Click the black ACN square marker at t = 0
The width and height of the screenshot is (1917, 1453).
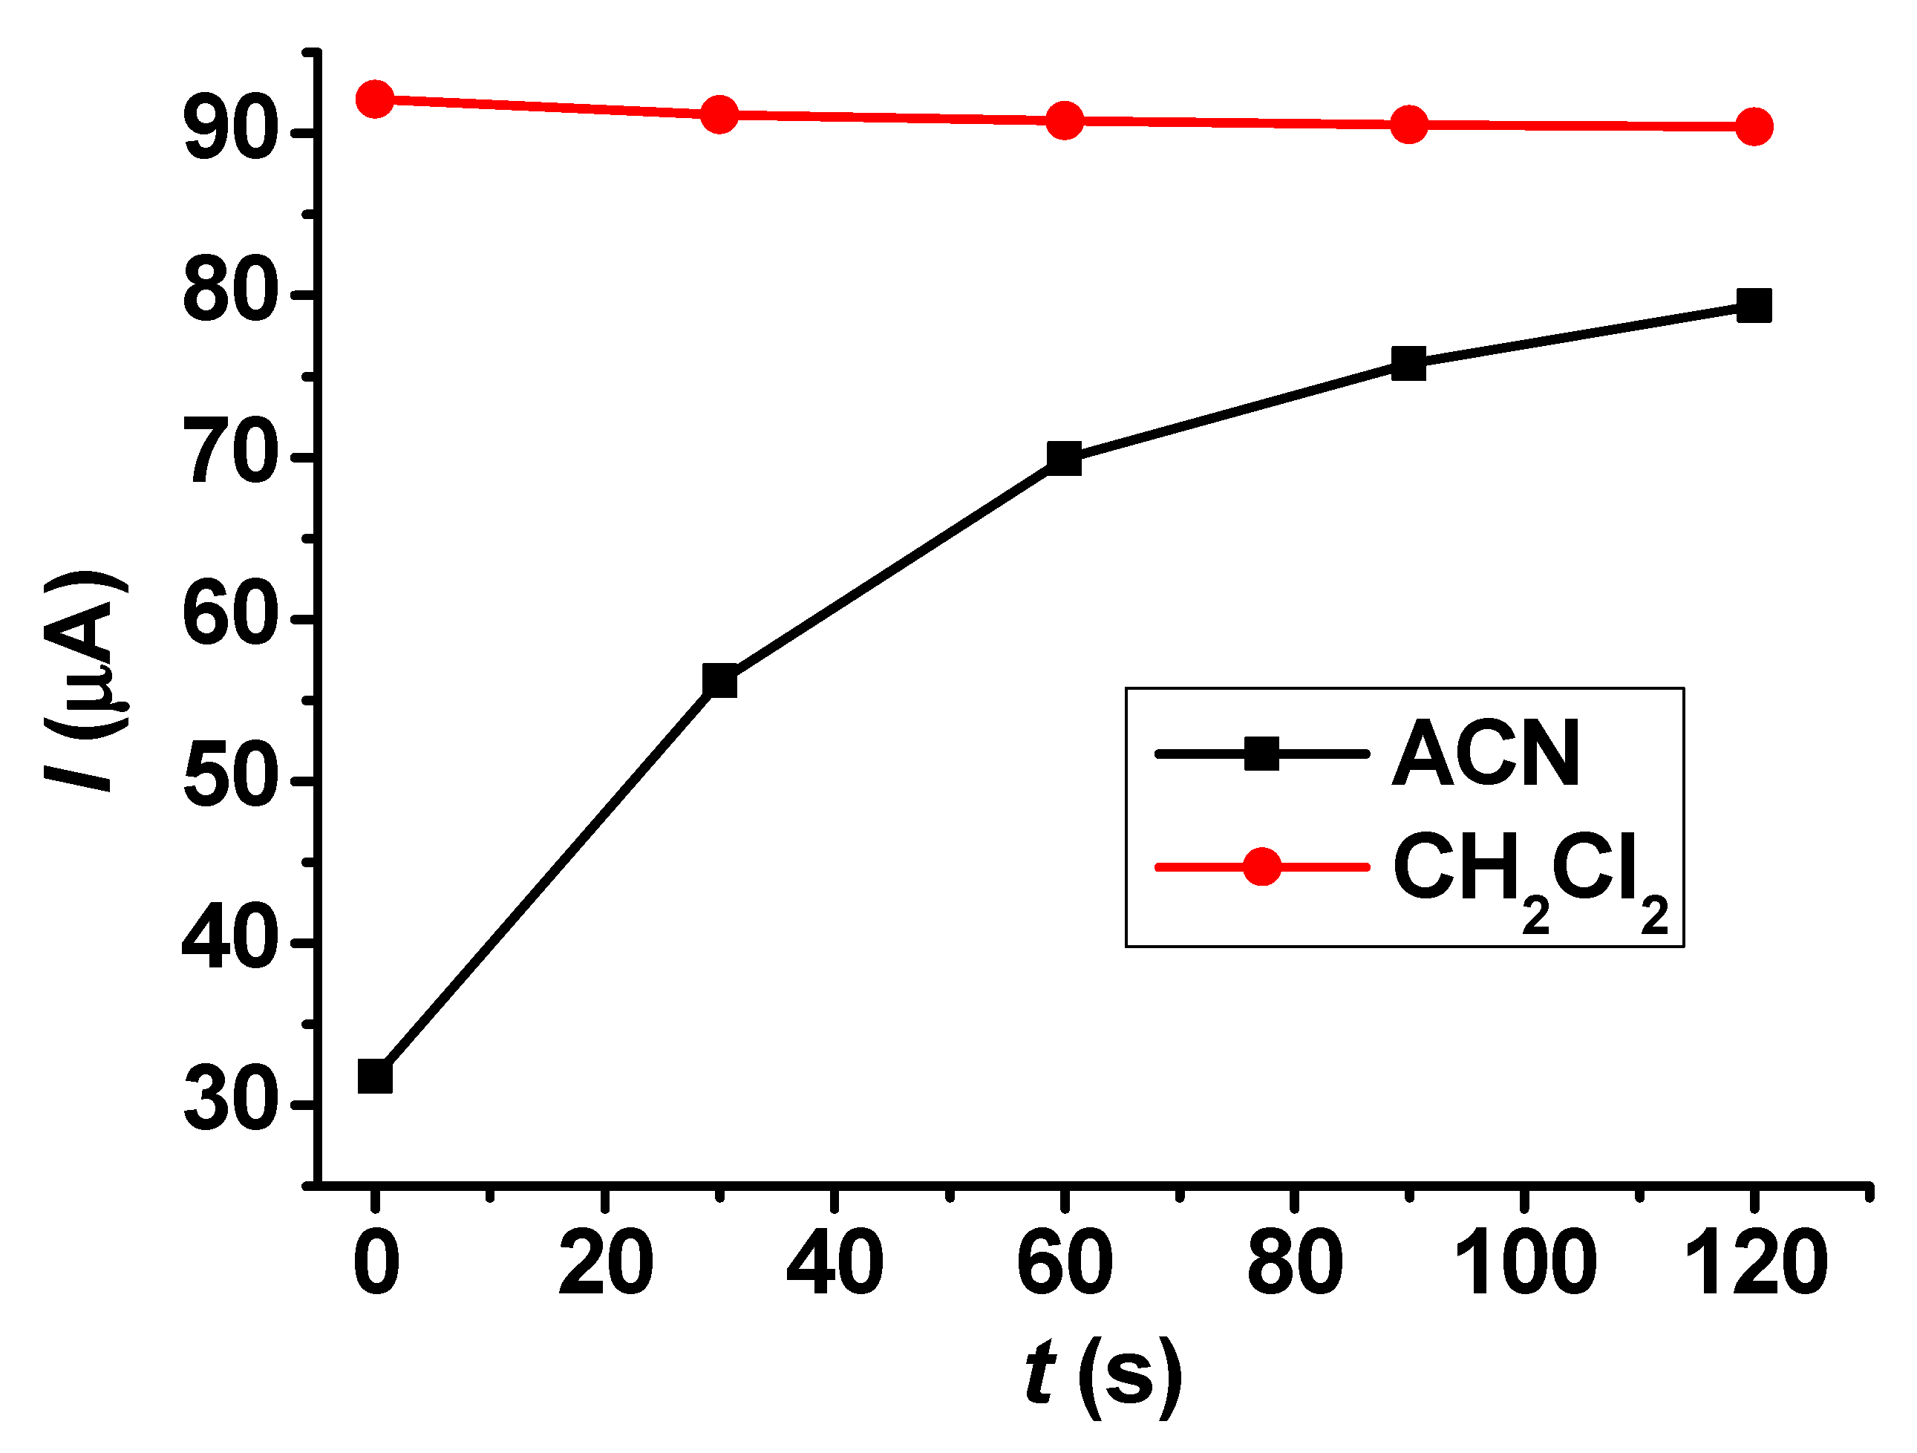(374, 1077)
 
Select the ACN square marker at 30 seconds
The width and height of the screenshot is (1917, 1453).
(719, 681)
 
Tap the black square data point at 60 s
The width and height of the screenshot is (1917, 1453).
(1064, 459)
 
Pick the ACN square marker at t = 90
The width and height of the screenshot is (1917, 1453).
(1408, 364)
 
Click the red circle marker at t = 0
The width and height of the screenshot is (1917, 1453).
(374, 99)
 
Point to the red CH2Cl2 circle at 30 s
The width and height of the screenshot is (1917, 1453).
(719, 114)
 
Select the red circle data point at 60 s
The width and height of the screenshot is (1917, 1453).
(1064, 120)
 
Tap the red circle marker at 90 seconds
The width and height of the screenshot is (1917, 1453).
(1408, 125)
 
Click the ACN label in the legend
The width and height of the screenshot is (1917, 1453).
(1486, 754)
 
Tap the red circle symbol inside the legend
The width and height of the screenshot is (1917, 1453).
(1262, 866)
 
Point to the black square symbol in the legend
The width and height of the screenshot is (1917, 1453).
(1262, 753)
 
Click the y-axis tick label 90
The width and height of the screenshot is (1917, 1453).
(229, 134)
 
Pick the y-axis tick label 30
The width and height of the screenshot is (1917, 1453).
(229, 1106)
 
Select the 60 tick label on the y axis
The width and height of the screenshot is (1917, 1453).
(229, 619)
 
